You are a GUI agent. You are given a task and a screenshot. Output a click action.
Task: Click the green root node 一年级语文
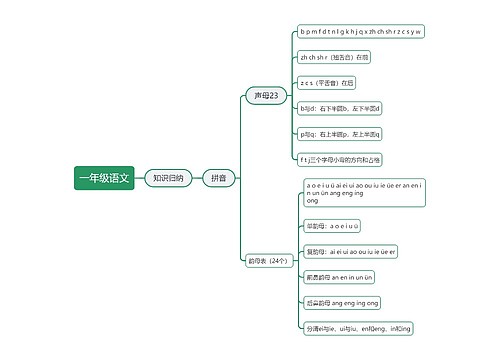point(103,178)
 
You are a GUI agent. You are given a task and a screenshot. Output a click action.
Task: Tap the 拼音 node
point(218,178)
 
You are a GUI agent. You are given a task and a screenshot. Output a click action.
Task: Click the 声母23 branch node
point(266,96)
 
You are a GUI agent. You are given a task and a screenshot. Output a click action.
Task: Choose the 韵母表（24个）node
point(267,260)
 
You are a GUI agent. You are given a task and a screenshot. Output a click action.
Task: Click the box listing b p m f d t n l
point(361,32)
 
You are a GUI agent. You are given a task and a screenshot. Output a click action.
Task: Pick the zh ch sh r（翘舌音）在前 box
point(334,57)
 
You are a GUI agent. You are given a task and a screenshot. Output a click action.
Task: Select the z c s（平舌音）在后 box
point(327,82)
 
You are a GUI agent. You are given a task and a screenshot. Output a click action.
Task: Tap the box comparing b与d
point(340,107)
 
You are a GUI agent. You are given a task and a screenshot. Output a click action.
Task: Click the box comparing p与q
point(340,133)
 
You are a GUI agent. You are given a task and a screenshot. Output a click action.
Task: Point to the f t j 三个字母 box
point(340,158)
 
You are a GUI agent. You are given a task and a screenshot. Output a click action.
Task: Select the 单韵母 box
point(333,225)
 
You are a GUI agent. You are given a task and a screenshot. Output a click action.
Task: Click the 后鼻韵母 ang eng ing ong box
point(343,301)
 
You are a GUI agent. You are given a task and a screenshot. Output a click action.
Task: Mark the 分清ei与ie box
point(358,327)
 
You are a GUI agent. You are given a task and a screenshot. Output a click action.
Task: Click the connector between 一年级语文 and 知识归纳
point(137,178)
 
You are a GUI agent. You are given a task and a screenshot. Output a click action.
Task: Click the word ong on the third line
point(312,201)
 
